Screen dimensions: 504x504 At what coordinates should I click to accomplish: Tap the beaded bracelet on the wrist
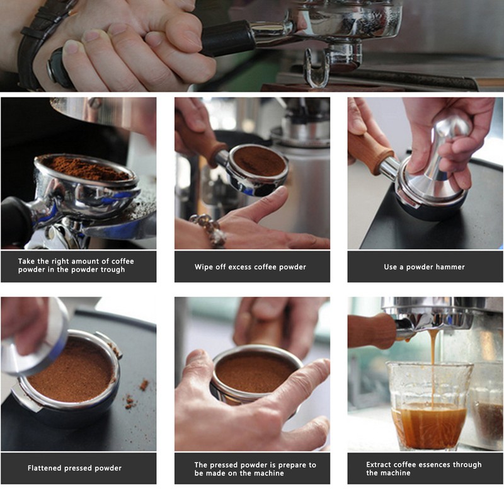pos(209,230)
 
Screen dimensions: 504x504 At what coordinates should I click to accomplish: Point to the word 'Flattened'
pos(44,468)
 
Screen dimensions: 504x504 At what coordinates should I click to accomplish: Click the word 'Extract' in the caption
pos(379,464)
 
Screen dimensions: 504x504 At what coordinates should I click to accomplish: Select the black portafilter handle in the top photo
pos(227,38)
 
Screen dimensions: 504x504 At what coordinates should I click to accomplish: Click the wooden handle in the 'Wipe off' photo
pos(201,141)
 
